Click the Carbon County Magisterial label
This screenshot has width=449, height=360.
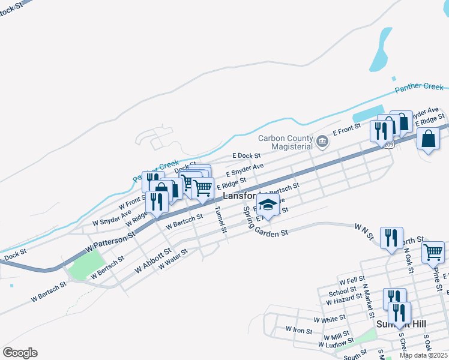pos(286,142)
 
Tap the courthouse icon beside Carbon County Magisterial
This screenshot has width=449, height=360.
pos(322,142)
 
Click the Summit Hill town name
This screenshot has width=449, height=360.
pos(401,324)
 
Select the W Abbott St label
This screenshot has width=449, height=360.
pos(153,261)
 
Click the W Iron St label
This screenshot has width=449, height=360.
pos(298,330)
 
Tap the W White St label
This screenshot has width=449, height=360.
pos(329,318)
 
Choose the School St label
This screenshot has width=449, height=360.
pos(342,292)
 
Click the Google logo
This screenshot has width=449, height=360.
pos(20,353)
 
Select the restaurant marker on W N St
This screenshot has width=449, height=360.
pos(391,238)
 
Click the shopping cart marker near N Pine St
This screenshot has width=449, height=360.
pos(433,253)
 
